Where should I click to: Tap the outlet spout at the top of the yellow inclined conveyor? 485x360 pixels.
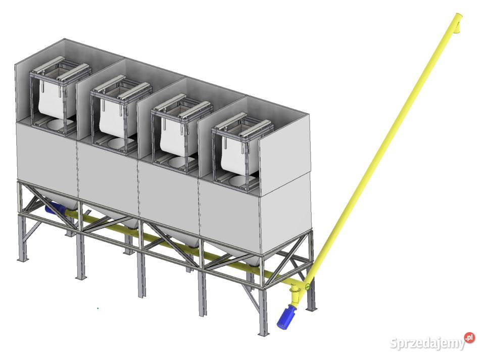(458, 22)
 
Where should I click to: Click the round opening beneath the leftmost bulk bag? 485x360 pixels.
(58, 125)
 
